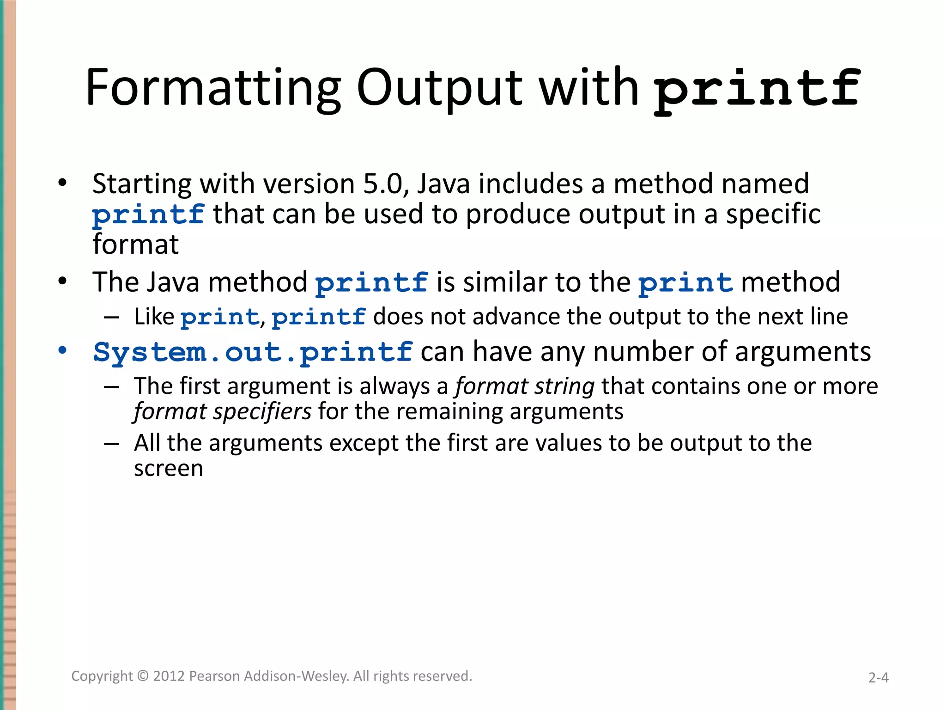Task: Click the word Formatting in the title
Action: pos(212,88)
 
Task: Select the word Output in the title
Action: pos(439,88)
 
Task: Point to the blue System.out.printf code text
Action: pos(253,352)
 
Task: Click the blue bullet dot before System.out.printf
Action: pos(62,350)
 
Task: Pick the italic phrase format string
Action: pos(525,386)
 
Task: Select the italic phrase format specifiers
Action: pos(223,411)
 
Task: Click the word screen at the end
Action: pos(169,469)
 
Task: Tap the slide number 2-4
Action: pos(878,678)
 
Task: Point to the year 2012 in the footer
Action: pos(169,676)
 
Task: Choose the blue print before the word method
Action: pos(685,283)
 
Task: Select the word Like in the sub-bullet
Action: pos(154,317)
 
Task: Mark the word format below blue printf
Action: pos(135,245)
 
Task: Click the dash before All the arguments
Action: pos(111,444)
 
